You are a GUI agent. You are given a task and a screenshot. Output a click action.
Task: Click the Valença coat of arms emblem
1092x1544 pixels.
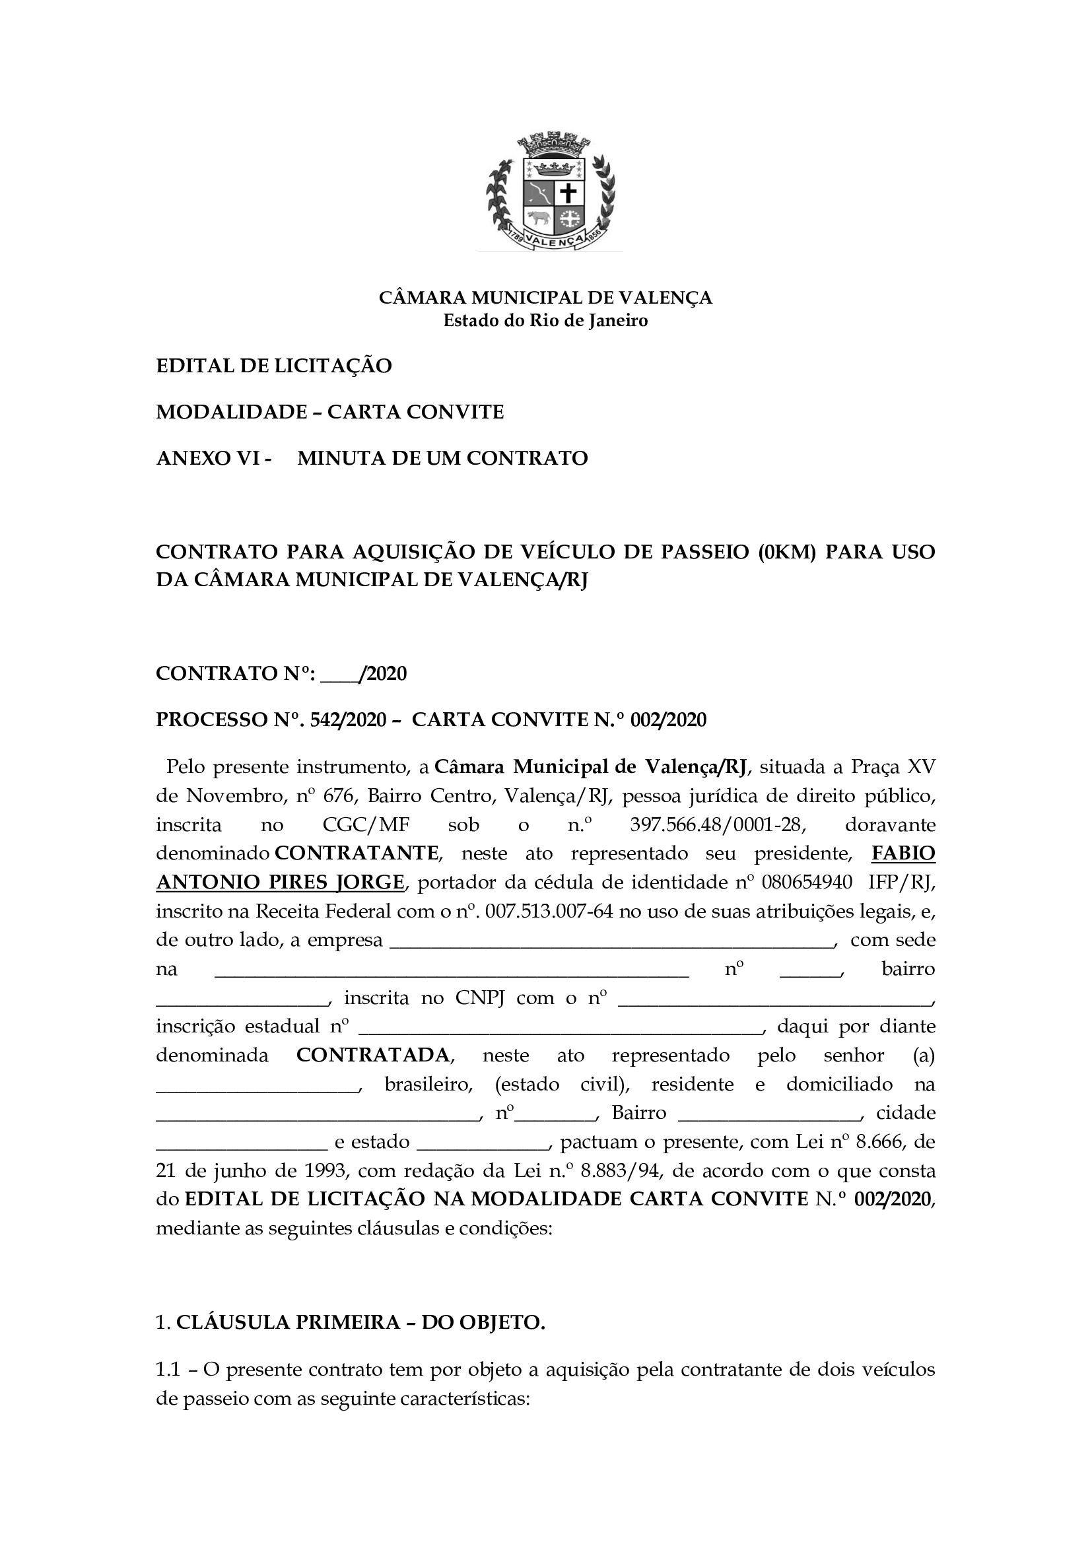click(x=550, y=192)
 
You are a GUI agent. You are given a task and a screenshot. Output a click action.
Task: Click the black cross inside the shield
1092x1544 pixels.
click(x=569, y=193)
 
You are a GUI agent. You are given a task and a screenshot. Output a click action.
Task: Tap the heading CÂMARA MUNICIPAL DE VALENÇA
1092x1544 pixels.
click(x=545, y=297)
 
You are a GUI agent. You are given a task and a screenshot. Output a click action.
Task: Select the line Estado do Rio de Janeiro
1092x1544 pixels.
click(x=545, y=321)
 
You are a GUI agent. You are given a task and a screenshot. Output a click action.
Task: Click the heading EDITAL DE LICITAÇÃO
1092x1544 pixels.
click(x=274, y=366)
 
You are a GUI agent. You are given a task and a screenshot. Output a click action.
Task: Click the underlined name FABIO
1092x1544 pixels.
click(x=903, y=854)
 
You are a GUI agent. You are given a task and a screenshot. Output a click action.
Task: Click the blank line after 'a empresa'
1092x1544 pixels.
click(x=612, y=940)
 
